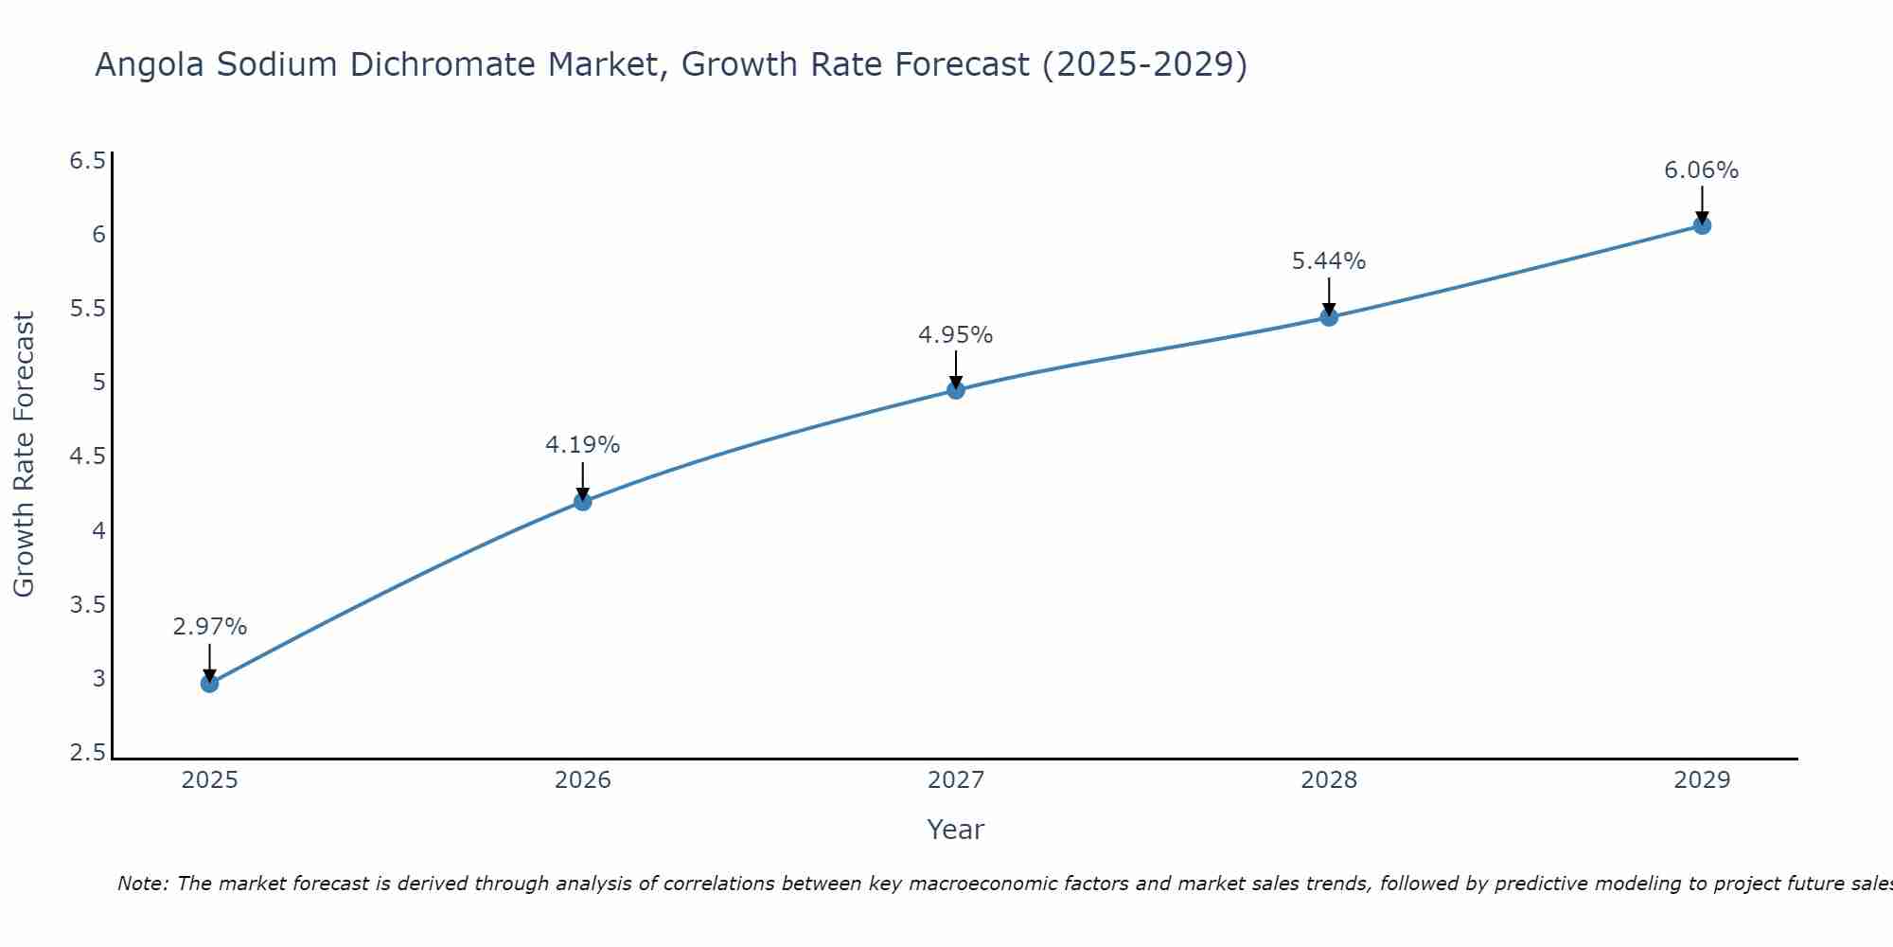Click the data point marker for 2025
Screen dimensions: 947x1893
tap(209, 683)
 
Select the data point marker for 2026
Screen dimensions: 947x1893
tap(583, 501)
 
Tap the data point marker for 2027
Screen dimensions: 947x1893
tap(956, 389)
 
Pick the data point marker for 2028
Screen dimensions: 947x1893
tap(1329, 316)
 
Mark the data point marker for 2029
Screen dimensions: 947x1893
tap(1702, 225)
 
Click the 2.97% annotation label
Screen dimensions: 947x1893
tap(209, 627)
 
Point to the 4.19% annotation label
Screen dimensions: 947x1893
tap(582, 445)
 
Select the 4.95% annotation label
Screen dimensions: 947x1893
tap(955, 335)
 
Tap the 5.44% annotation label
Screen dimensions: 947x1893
tap(1329, 261)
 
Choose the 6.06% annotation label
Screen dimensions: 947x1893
tap(1701, 170)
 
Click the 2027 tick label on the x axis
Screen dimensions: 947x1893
tap(956, 780)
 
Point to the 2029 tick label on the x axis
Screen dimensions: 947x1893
tap(1702, 780)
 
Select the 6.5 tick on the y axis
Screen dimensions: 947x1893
tap(87, 161)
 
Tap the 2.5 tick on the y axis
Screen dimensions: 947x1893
tap(87, 753)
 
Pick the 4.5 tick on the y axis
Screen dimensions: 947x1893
tap(87, 456)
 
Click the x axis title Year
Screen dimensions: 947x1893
tap(956, 830)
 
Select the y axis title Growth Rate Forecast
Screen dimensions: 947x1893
tap(24, 455)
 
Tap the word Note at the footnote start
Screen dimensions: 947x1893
tap(142, 884)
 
